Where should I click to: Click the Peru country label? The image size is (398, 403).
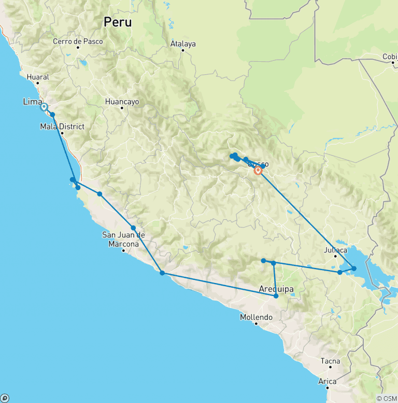[x=118, y=22]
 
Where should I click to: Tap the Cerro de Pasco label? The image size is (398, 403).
[x=78, y=41]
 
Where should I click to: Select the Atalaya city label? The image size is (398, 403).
[x=183, y=44]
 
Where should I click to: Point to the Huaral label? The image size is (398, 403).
[x=38, y=77]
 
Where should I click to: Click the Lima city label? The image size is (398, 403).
[x=32, y=102]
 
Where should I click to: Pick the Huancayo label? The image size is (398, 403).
[x=122, y=102]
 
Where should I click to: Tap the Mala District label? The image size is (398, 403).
[x=62, y=126]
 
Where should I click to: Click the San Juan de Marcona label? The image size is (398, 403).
[x=123, y=239]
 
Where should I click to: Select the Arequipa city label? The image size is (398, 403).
[x=276, y=289]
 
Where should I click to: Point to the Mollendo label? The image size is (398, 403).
[x=256, y=317]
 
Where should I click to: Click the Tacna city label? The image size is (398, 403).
[x=330, y=361]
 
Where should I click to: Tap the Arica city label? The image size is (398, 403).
[x=327, y=381]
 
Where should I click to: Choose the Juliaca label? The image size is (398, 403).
[x=335, y=250]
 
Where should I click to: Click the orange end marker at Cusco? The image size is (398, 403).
[x=258, y=170]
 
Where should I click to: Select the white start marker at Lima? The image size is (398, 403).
[x=44, y=107]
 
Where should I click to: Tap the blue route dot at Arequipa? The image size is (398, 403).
[x=276, y=296]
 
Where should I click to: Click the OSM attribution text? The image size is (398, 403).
[x=387, y=398]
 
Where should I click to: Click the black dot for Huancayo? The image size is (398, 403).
[x=122, y=108]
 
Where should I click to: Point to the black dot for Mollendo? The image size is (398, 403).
[x=256, y=324]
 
